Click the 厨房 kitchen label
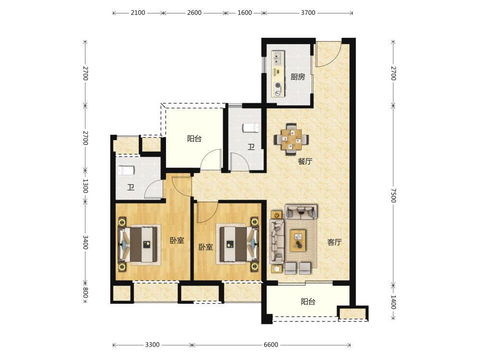[298, 77]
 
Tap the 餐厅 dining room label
[305, 161]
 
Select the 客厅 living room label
[334, 242]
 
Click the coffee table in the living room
[298, 240]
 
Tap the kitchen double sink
[278, 59]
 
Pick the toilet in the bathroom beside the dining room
[251, 128]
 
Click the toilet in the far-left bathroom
[126, 170]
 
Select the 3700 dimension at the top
[308, 13]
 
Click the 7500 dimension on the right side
[394, 195]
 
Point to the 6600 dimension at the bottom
[271, 345]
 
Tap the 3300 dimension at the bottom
[152, 345]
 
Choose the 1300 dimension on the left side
[85, 186]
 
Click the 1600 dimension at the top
[245, 13]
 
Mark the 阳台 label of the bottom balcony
[308, 302]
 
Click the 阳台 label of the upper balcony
[194, 139]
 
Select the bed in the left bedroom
[140, 244]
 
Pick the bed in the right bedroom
[238, 244]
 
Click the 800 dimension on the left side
[85, 292]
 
